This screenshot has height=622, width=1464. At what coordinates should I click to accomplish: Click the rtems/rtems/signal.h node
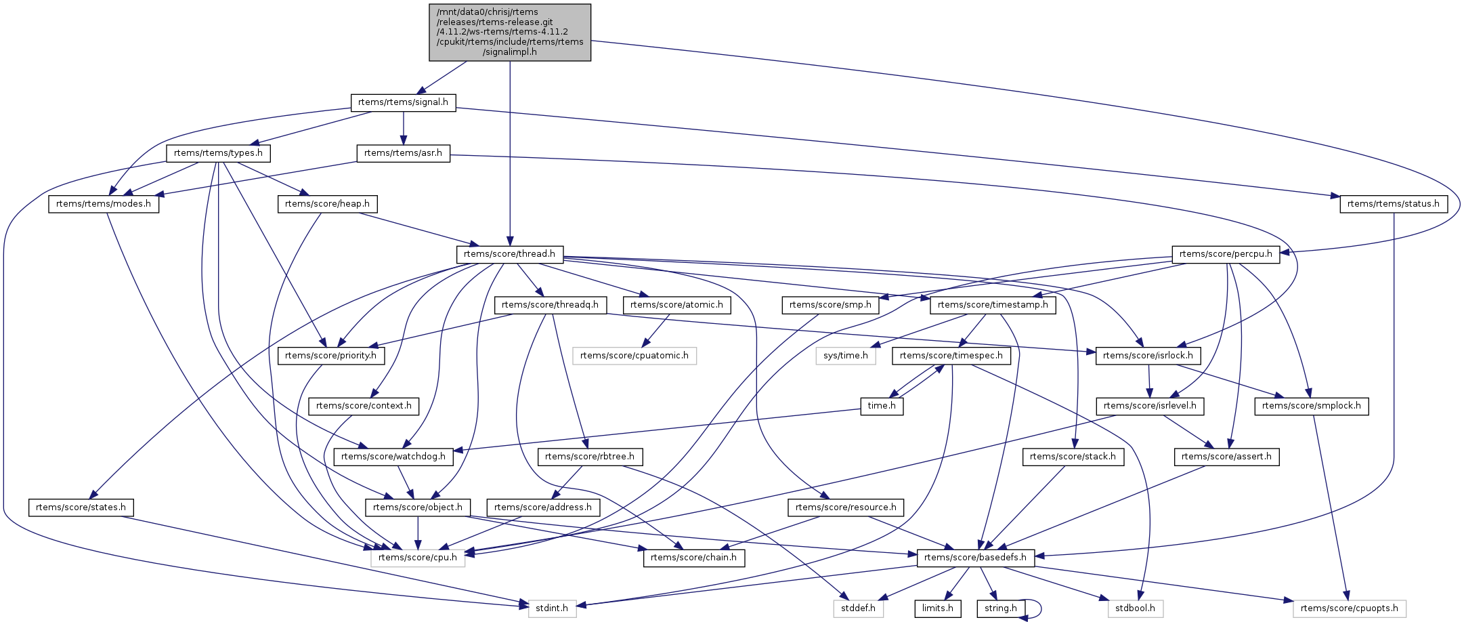[403, 102]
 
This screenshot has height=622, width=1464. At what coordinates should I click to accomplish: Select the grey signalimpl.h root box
[510, 33]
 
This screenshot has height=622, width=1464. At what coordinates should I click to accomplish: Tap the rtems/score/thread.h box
[509, 254]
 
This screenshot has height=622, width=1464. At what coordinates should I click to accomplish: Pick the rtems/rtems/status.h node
[1393, 204]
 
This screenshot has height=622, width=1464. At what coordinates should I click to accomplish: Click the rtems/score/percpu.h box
[1225, 254]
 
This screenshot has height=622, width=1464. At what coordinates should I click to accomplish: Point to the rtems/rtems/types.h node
[218, 153]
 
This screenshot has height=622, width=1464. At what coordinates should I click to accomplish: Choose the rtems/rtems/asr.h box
[403, 153]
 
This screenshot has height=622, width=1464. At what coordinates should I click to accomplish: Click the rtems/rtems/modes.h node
[104, 204]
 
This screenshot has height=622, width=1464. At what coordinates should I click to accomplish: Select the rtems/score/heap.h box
[327, 204]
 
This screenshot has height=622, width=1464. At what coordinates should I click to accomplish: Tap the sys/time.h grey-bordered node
[846, 356]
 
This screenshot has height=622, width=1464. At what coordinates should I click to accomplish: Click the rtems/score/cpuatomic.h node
[634, 356]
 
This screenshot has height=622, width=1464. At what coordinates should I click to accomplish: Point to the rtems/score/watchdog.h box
[393, 457]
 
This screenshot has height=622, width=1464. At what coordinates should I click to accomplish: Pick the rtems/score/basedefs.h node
[975, 558]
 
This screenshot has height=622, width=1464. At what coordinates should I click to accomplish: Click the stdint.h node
[552, 608]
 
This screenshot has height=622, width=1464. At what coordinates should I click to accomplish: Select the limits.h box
[937, 608]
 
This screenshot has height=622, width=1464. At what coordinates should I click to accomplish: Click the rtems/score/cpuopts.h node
[1349, 608]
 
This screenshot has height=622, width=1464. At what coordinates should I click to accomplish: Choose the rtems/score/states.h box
[81, 507]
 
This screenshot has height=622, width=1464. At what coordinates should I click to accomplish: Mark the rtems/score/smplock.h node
[1312, 407]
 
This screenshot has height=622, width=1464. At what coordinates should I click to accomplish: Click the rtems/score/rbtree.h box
[590, 457]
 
